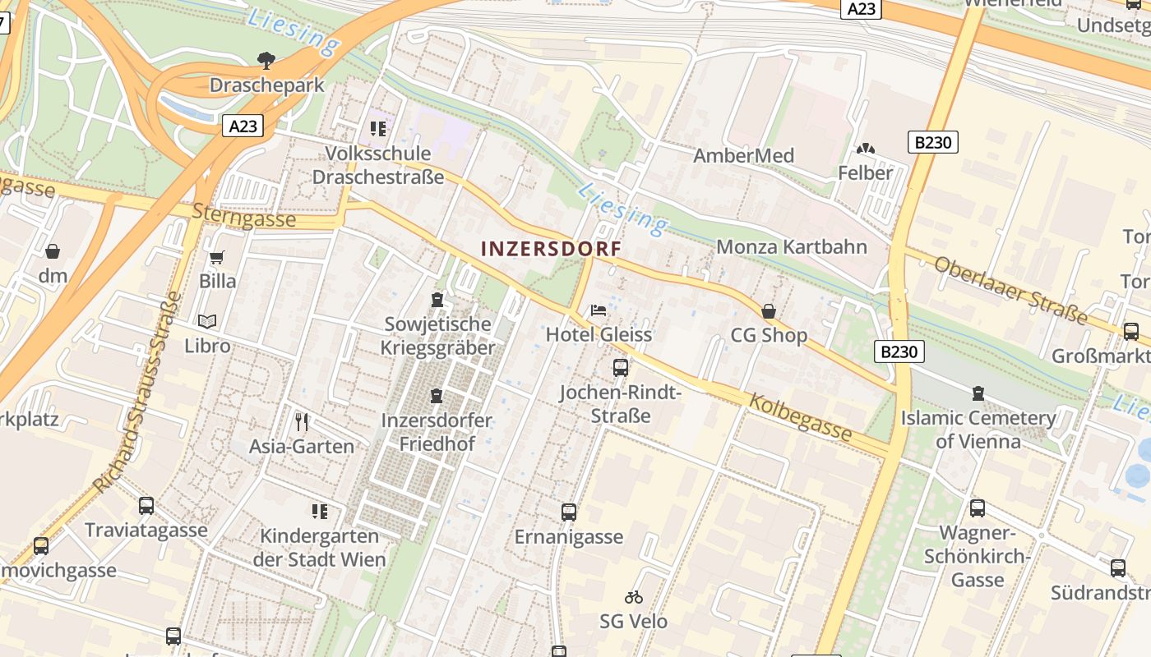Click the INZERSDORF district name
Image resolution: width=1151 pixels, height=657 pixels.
550,248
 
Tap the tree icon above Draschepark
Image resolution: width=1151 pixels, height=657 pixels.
266,60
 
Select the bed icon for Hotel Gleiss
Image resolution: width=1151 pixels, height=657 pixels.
599,310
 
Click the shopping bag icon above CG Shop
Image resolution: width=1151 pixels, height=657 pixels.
769,311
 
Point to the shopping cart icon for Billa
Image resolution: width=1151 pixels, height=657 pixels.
217,257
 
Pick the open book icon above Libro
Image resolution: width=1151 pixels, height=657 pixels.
207,321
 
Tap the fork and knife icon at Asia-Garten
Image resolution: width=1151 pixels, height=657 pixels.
302,422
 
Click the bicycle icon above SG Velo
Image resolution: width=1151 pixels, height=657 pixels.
633,597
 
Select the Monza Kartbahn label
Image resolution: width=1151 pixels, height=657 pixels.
792,246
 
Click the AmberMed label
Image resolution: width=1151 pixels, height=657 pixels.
743,155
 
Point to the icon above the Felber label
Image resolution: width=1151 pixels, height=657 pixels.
865,149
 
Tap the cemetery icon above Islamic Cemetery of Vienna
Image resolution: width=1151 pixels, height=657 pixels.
978,393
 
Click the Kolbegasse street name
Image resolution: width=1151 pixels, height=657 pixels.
799,416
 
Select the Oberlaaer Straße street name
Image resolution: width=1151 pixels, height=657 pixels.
1010,290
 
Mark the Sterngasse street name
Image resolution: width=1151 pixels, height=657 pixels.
243,216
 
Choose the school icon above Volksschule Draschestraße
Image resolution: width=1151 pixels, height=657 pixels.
377,129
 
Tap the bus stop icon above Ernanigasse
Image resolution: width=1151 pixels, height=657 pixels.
568,512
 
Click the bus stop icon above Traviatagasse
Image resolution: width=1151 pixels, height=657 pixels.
146,506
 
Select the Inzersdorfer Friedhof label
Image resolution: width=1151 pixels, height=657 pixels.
437,432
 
